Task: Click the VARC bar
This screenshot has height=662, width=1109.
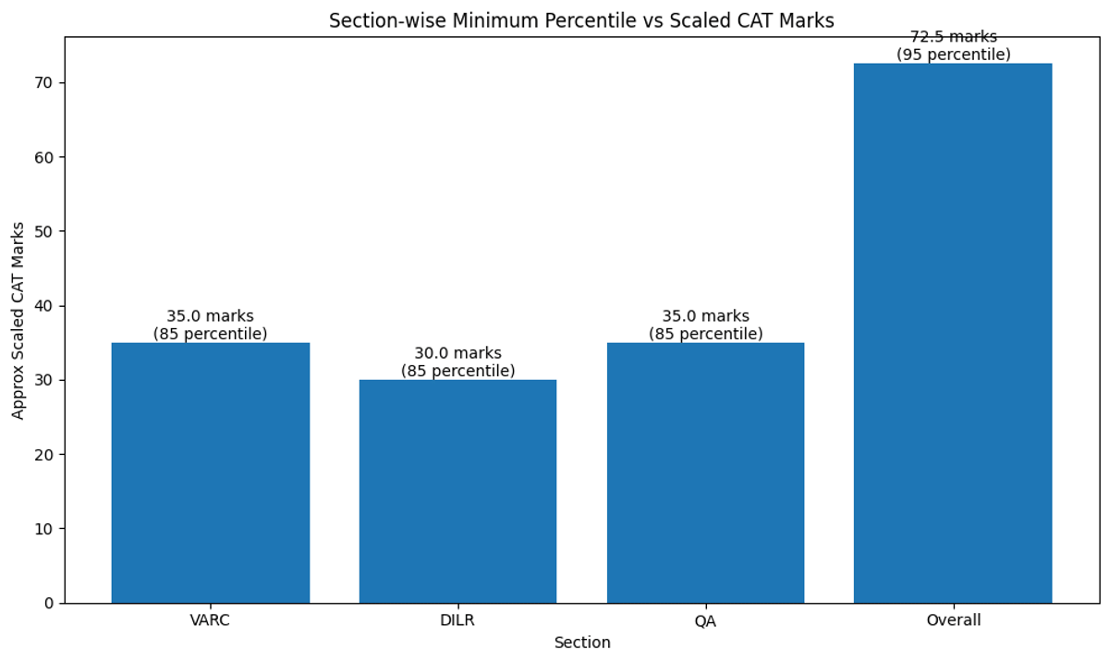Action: [x=210, y=472]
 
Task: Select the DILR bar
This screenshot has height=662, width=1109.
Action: [x=457, y=491]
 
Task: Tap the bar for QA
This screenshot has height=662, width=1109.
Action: [x=705, y=472]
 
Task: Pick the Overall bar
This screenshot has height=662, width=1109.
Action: [x=953, y=333]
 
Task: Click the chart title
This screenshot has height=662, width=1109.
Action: [x=581, y=21]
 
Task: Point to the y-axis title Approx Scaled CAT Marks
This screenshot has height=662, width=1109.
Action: [x=19, y=320]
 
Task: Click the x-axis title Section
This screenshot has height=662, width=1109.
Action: [x=582, y=643]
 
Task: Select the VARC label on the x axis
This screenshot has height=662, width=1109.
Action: [x=210, y=620]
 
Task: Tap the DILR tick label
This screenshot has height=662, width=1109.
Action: [x=457, y=620]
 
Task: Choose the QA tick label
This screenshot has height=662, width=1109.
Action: [x=705, y=620]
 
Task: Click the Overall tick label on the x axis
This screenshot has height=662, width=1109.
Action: [x=953, y=620]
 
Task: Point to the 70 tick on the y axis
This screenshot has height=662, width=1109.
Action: [x=44, y=83]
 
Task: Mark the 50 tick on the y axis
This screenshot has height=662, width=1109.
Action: [x=44, y=232]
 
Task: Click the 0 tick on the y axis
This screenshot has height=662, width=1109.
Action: [x=49, y=603]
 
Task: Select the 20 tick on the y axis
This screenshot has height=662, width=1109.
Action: [x=44, y=455]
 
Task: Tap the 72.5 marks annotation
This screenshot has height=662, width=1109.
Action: [x=953, y=38]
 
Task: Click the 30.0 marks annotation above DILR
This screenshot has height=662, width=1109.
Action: [x=457, y=353]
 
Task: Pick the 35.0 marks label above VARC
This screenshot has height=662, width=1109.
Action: [x=210, y=316]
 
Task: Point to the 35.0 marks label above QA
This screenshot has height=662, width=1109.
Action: [x=705, y=316]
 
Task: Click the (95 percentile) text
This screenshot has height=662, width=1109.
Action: [x=953, y=55]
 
